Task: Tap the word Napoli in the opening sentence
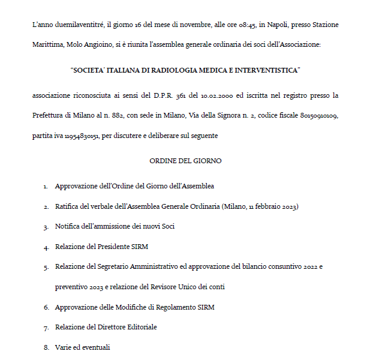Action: [x=277, y=25]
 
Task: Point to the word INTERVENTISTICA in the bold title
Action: [x=266, y=70]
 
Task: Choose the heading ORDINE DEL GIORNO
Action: [x=186, y=161]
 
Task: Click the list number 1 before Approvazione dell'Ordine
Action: [x=46, y=187]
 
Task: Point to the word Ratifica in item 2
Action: [x=68, y=207]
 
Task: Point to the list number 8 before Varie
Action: [x=46, y=347]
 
